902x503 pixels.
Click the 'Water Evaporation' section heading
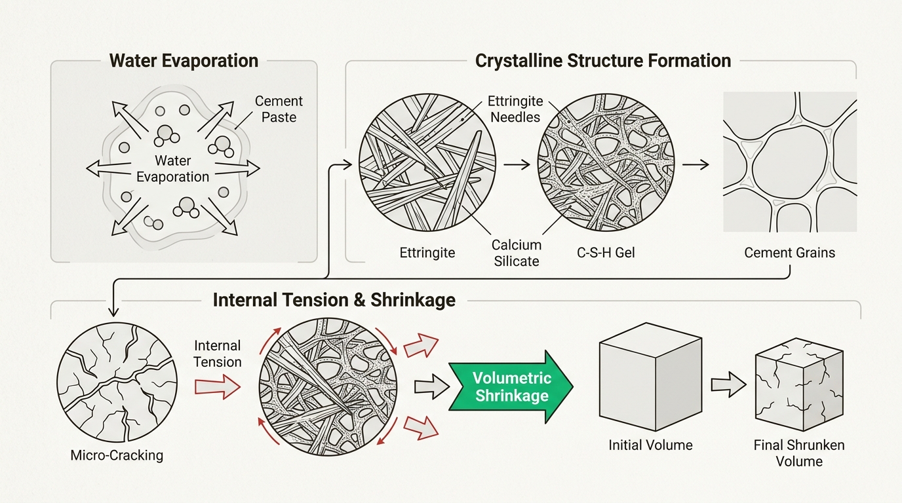[184, 61]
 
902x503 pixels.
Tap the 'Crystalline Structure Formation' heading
[602, 61]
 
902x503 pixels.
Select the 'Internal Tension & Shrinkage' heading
[334, 300]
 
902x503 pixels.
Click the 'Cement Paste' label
[279, 109]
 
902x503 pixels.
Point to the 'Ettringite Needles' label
[515, 109]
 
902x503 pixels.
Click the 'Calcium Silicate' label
[517, 253]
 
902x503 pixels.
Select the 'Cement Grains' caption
[789, 252]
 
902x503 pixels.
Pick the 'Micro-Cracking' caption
[117, 455]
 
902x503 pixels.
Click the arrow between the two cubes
[728, 385]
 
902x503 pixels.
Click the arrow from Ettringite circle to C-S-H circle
[516, 166]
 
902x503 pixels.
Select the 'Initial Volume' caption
[650, 445]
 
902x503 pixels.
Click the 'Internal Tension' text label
[218, 354]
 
